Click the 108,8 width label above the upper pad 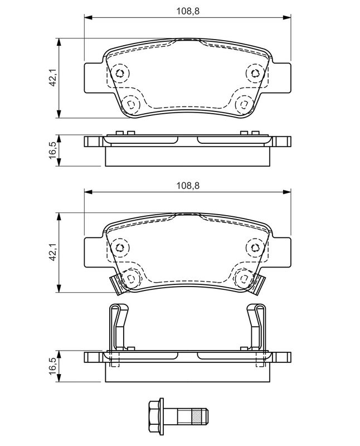[188, 11]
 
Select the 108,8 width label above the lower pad [188, 186]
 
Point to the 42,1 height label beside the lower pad [52, 253]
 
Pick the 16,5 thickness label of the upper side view [52, 151]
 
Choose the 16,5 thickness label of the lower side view [52, 366]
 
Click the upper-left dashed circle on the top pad [120, 74]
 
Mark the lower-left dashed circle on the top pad [131, 104]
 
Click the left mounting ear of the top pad [93, 77]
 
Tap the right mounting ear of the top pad [281, 77]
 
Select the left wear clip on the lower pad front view [117, 284]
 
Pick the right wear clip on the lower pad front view [257, 284]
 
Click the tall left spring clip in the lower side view [119, 327]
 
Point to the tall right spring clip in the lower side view [256, 327]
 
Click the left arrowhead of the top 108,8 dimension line [89, 18]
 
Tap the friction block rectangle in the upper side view [187, 157]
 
